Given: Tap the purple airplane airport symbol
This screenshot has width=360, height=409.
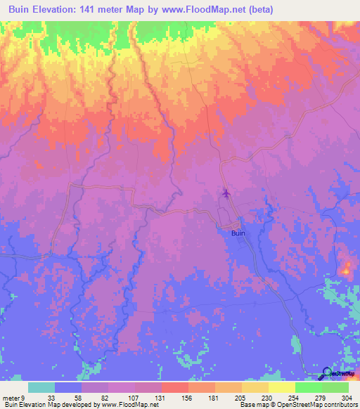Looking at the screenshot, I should pyautogui.click(x=226, y=192).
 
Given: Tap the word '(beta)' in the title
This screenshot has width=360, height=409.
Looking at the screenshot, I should pyautogui.click(x=259, y=9).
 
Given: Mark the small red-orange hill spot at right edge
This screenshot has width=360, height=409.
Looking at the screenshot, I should pyautogui.click(x=346, y=268).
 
